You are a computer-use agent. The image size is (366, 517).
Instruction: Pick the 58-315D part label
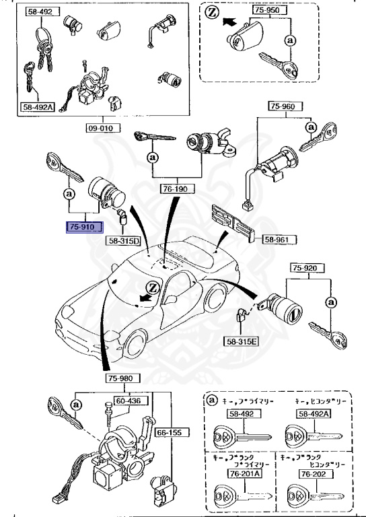tap(122, 240)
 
